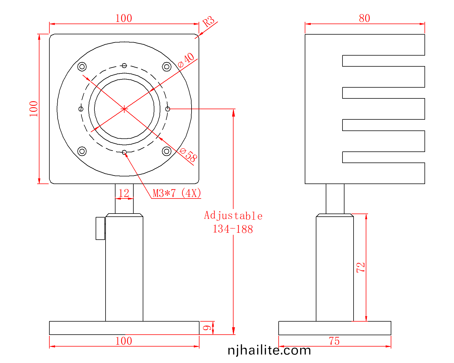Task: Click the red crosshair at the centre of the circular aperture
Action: [x=124, y=109]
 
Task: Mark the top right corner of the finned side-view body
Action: [x=425, y=34]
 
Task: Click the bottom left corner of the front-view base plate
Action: [x=49, y=335]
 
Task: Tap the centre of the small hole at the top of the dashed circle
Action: [x=124, y=66]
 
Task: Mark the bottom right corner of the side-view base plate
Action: [x=391, y=335]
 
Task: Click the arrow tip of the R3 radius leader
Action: [x=199, y=35]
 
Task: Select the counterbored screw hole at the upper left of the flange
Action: [x=82, y=67]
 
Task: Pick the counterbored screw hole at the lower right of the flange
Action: [x=167, y=151]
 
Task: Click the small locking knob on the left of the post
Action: [x=100, y=228]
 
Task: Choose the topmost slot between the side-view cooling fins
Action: [x=383, y=61]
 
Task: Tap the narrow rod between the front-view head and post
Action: [x=124, y=199]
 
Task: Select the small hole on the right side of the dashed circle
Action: [x=167, y=109]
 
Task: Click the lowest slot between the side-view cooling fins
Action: [x=383, y=157]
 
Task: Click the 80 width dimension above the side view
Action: [x=364, y=18]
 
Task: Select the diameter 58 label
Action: [x=188, y=155]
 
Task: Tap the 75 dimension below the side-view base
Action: [x=334, y=341]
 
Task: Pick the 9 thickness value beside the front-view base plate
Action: [x=207, y=328]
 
